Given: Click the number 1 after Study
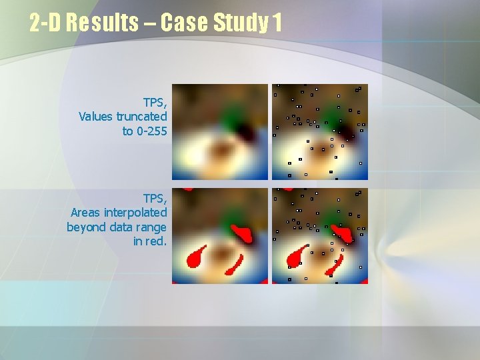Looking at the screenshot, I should tap(277, 23).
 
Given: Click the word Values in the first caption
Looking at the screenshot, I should tap(95, 117).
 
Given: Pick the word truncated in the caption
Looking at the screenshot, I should tap(141, 117).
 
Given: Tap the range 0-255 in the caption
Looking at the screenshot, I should tap(151, 131).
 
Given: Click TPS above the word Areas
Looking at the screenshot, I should tap(155, 198).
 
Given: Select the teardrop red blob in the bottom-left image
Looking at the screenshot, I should tap(197, 257).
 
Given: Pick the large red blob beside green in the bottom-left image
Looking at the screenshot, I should tap(243, 233).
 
